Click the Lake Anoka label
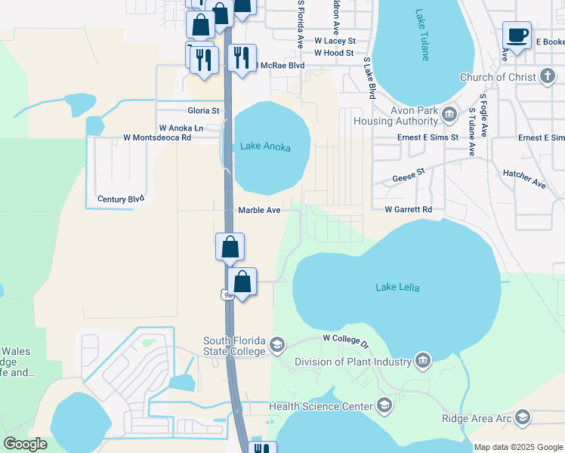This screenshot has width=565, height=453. click(x=265, y=146)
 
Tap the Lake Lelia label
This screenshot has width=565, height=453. click(x=397, y=287)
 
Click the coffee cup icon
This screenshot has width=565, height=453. click(x=517, y=35)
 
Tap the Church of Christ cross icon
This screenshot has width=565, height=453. click(x=548, y=77)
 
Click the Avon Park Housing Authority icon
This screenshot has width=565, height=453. click(x=449, y=114)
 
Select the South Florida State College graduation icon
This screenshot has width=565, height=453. click(x=277, y=345)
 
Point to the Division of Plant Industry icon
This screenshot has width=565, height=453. click(x=423, y=361)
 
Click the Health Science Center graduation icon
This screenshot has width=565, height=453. click(x=384, y=406)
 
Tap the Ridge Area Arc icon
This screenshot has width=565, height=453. click(x=523, y=418)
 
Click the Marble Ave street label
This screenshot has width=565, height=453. click(x=260, y=210)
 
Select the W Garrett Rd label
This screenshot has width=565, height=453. click(x=408, y=209)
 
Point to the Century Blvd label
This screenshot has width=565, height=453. click(x=121, y=199)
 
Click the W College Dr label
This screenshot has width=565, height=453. click(x=345, y=341)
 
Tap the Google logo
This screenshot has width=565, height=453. click(x=26, y=444)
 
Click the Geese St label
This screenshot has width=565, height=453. click(x=409, y=176)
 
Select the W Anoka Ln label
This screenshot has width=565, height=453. click(x=181, y=128)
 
